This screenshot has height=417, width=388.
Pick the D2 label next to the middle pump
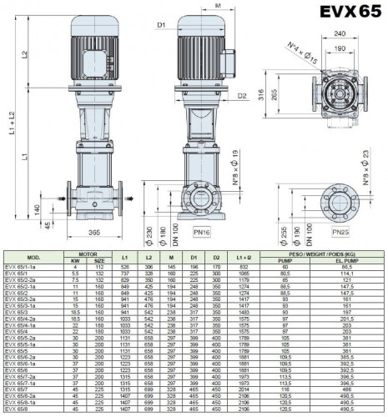(240, 96)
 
